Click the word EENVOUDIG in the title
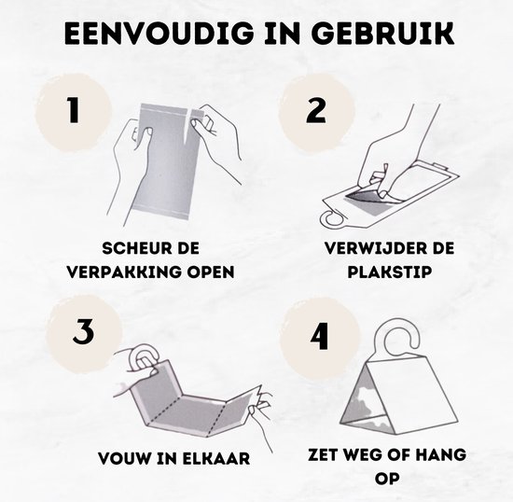click(159, 34)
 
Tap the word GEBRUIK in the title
click(382, 34)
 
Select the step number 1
click(74, 110)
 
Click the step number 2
click(316, 110)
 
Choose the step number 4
click(319, 336)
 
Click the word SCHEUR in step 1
click(135, 248)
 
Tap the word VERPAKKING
click(125, 272)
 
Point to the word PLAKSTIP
click(389, 272)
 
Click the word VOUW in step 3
click(125, 458)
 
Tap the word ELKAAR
click(216, 458)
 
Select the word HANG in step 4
click(443, 454)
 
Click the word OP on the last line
click(387, 479)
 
